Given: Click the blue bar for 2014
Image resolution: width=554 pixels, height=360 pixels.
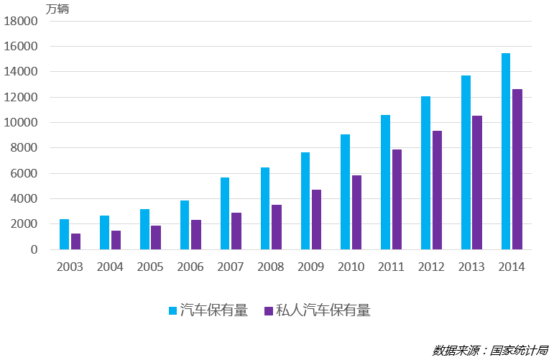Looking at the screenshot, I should [x=506, y=151].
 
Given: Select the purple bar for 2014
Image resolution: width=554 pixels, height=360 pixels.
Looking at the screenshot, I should [x=517, y=169].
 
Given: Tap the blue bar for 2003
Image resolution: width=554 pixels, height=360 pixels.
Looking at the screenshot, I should [x=65, y=234].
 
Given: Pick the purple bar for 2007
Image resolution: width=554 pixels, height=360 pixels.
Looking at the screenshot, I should [x=236, y=231].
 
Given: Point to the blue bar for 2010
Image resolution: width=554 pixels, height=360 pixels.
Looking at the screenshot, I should [x=346, y=192].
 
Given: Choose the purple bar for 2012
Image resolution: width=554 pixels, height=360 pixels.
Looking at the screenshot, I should [x=437, y=190].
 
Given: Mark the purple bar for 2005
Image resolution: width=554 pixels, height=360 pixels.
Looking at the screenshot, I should [x=156, y=237].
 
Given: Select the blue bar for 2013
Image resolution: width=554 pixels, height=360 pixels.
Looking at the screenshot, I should [x=466, y=162].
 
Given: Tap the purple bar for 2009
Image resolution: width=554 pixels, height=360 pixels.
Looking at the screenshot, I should [x=316, y=219].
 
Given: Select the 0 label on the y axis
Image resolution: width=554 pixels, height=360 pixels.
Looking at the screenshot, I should [x=33, y=249].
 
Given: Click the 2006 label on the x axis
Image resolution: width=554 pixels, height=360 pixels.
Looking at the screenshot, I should [x=190, y=267].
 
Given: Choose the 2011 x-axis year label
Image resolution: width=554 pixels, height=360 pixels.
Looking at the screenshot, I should [x=392, y=267].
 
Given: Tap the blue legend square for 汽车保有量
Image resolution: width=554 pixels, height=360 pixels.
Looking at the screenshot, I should [x=173, y=310].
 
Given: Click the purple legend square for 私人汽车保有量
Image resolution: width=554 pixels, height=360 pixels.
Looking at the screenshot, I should [x=269, y=310].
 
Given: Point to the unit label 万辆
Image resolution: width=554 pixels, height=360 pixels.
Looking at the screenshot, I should [x=57, y=9].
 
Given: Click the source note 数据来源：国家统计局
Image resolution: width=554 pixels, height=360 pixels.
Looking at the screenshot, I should [x=490, y=350].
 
